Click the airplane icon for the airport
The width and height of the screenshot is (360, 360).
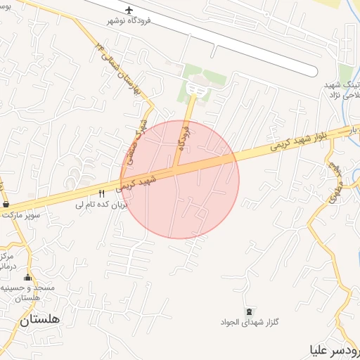[129, 10]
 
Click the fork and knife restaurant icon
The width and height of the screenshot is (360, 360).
[101, 193]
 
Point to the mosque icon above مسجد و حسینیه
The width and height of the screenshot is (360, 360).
[28, 277]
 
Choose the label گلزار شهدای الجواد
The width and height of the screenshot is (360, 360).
[251, 323]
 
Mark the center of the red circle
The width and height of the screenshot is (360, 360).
[180, 179]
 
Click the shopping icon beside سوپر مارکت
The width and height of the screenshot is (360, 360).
[6, 204]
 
